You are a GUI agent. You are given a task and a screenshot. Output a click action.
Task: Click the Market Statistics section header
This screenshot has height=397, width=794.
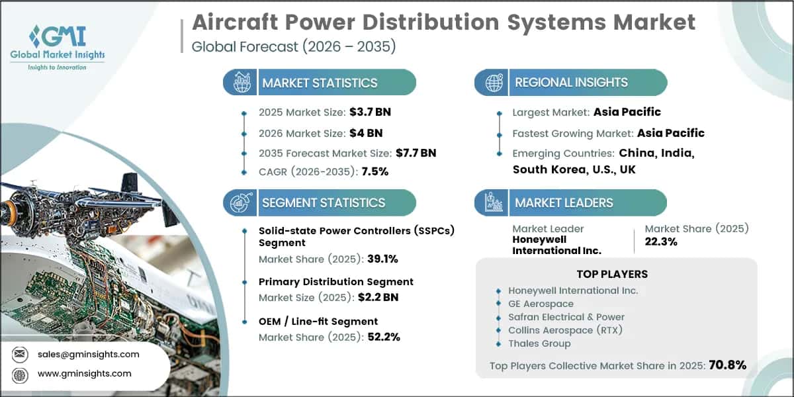tap(320, 83)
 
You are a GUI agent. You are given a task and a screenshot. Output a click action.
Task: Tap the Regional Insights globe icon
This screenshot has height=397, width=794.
tap(493, 83)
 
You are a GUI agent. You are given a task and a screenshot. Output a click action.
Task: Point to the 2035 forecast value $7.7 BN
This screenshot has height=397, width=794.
tap(416, 153)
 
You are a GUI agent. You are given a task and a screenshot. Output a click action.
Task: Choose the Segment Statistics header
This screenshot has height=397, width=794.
tap(323, 202)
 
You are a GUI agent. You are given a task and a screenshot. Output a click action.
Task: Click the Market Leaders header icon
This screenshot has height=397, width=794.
tap(493, 202)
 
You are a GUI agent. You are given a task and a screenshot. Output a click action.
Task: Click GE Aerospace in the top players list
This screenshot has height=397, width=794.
tap(541, 304)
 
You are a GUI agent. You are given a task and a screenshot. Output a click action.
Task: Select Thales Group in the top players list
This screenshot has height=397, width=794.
tap(539, 343)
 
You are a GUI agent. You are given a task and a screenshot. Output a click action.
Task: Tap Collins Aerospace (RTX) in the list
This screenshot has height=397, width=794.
tap(566, 330)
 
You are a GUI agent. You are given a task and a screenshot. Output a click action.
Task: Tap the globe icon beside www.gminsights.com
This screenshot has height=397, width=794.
tap(20, 374)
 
